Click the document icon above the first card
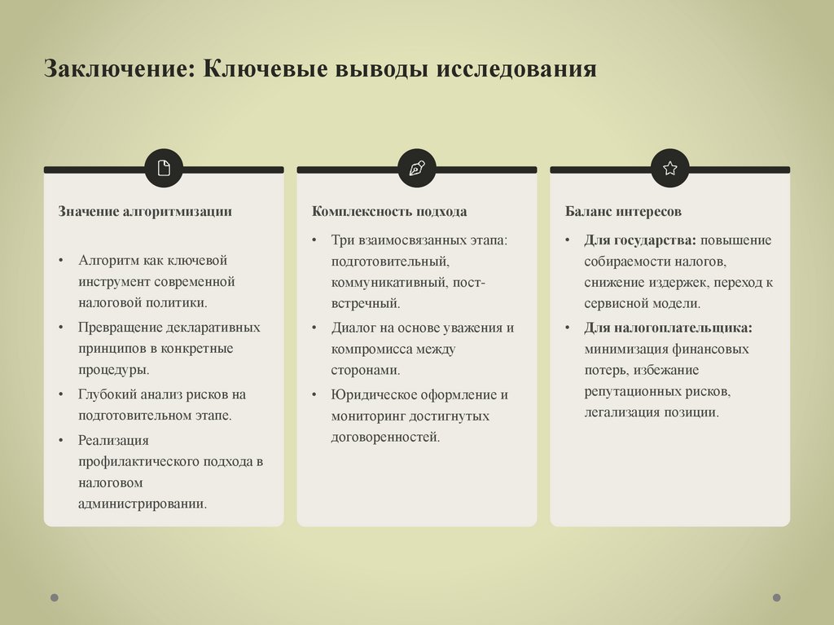point(164,169)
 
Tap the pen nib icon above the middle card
point(417,169)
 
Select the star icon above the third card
point(670,169)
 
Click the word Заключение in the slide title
point(115,67)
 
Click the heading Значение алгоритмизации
point(145,212)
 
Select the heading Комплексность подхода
point(389,212)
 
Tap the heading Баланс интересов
point(624,212)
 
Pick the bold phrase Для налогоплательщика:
point(668,328)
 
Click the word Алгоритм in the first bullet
point(109,260)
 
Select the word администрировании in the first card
point(143,503)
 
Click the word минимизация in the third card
point(626,349)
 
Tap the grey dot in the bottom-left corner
point(55,597)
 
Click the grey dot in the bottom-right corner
point(776,597)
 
